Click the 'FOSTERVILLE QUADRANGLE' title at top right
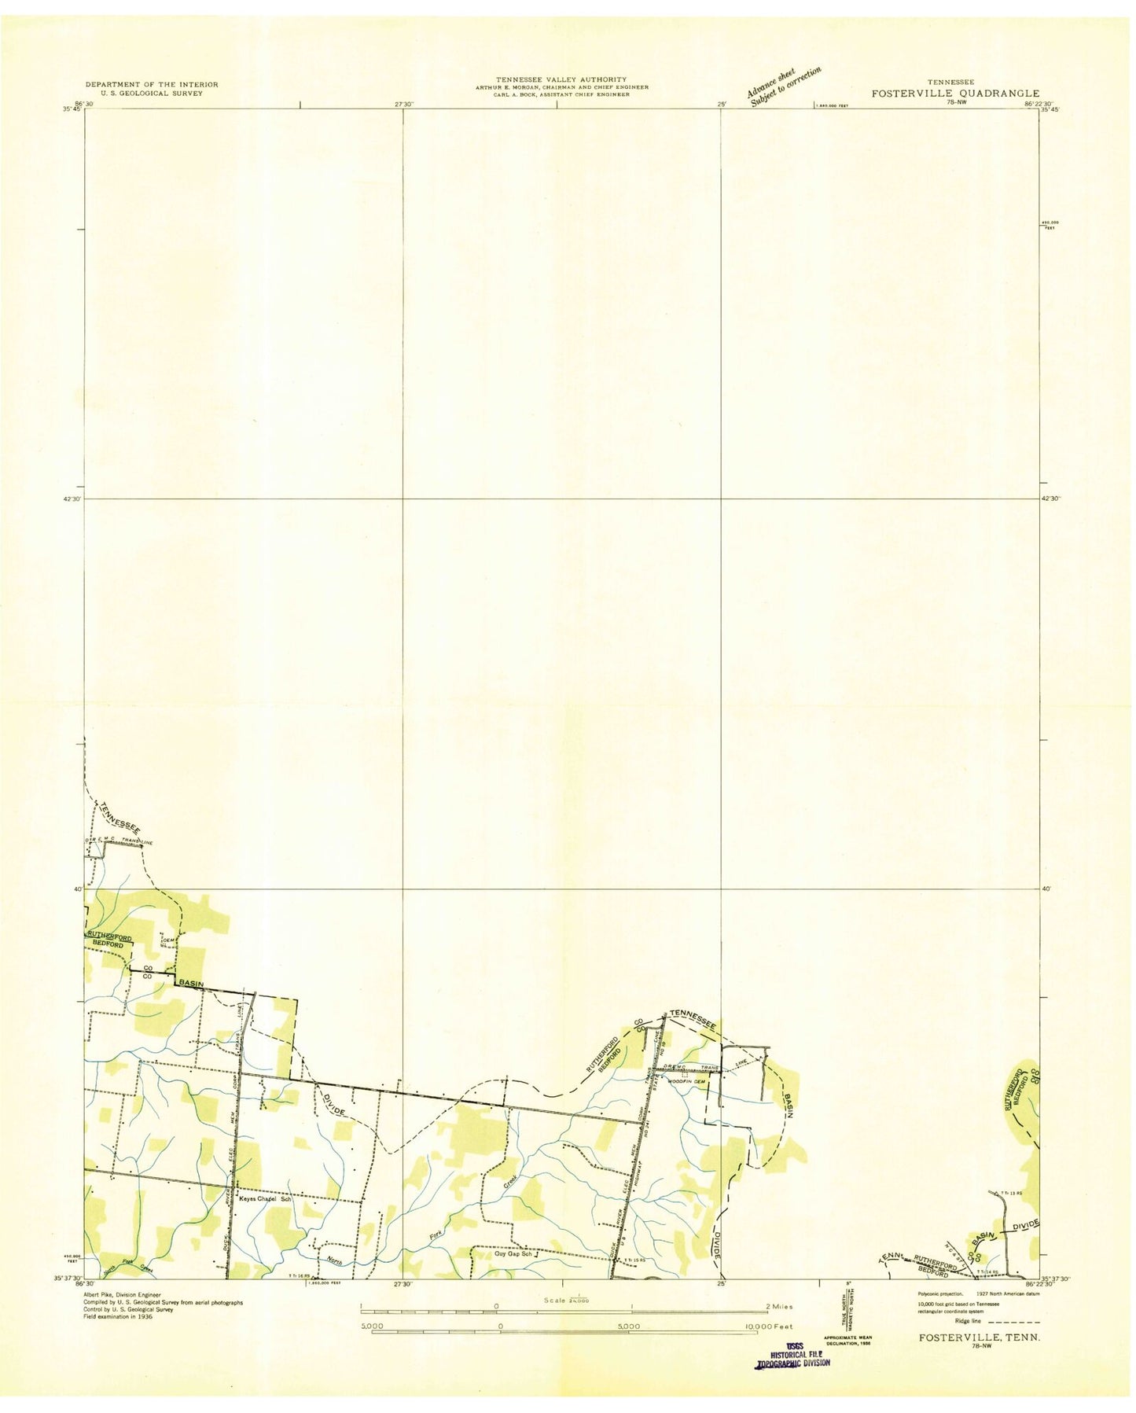pos(954,93)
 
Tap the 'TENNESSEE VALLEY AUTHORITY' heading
pos(561,79)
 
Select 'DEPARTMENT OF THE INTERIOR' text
pos(152,84)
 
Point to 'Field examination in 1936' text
pos(119,1316)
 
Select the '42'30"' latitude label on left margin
pos(72,499)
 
